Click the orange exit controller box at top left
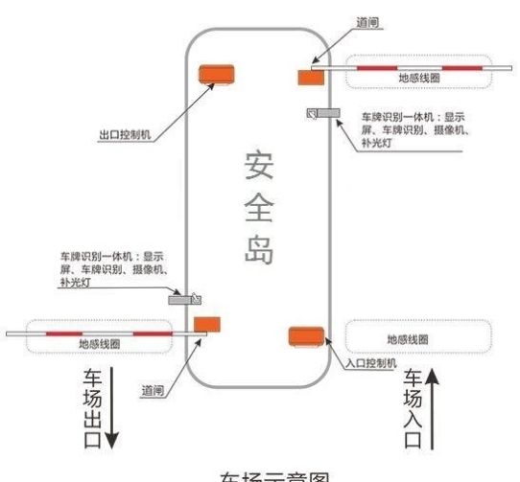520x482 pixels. coord(215,75)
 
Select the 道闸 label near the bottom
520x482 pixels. coord(152,390)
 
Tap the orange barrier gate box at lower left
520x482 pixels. coord(207,324)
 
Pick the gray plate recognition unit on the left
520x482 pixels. coord(184,299)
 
